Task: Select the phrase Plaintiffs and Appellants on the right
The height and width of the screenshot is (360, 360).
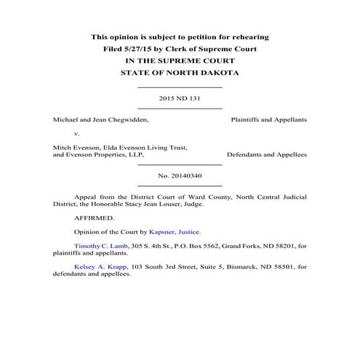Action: point(268,118)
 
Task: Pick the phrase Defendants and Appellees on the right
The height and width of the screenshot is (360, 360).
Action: point(266,155)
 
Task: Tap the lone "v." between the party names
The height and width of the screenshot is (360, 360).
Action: point(78,134)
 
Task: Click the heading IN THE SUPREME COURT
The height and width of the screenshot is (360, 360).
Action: point(180,61)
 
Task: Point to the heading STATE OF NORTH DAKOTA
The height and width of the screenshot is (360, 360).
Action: point(180,74)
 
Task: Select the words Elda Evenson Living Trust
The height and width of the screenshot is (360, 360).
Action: point(145,147)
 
